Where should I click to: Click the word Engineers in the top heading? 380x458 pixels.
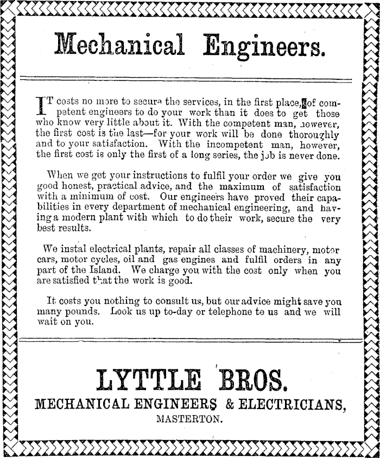[x=264, y=47]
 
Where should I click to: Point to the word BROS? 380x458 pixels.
[x=252, y=382]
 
